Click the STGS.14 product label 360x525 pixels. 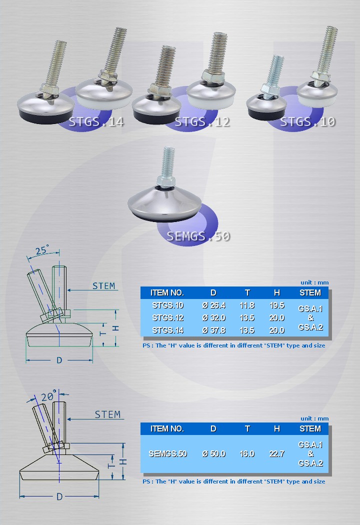[x=96, y=122]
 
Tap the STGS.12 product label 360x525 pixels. [x=202, y=122]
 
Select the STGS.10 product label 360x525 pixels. [x=308, y=122]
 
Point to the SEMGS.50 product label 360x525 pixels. [x=198, y=236]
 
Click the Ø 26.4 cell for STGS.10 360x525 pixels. [x=214, y=305]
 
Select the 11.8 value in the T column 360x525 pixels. [x=247, y=305]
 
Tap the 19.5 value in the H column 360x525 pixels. [x=277, y=305]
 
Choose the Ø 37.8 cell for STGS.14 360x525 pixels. [x=214, y=330]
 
